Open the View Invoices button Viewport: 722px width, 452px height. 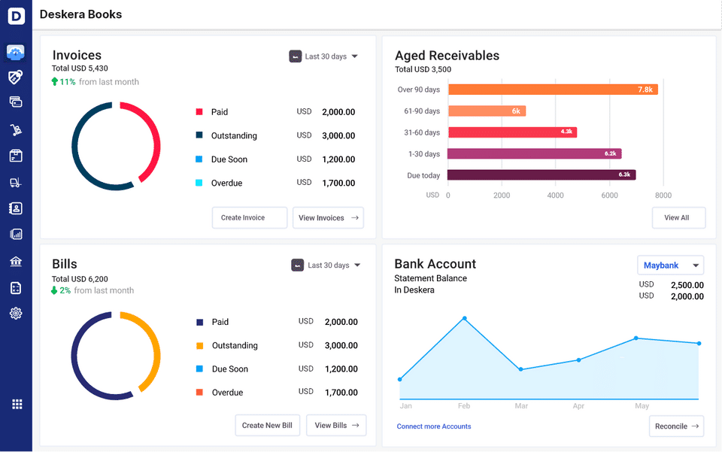coord(328,218)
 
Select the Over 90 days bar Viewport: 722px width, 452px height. coord(553,89)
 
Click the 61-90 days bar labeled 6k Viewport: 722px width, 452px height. coord(487,111)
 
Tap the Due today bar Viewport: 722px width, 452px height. coord(541,174)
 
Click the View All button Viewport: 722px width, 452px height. coord(678,218)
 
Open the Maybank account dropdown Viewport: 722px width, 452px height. coord(671,265)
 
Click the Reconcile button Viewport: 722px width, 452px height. coord(676,426)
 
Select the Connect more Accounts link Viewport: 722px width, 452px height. coord(434,426)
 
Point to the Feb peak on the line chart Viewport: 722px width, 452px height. coord(464,318)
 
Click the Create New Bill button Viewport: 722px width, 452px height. coord(267,426)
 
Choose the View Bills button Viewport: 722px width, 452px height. coord(337,426)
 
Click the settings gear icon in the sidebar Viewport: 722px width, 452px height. coord(16,314)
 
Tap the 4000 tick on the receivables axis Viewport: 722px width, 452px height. coord(555,195)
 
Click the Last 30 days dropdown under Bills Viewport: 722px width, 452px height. coord(326,265)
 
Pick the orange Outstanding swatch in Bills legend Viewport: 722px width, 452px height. coord(199,346)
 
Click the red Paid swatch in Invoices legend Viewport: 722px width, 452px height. coord(199,112)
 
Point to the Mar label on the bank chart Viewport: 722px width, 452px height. coord(521,406)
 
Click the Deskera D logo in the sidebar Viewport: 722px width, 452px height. coord(16,16)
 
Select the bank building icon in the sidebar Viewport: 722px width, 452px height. coord(16,262)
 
